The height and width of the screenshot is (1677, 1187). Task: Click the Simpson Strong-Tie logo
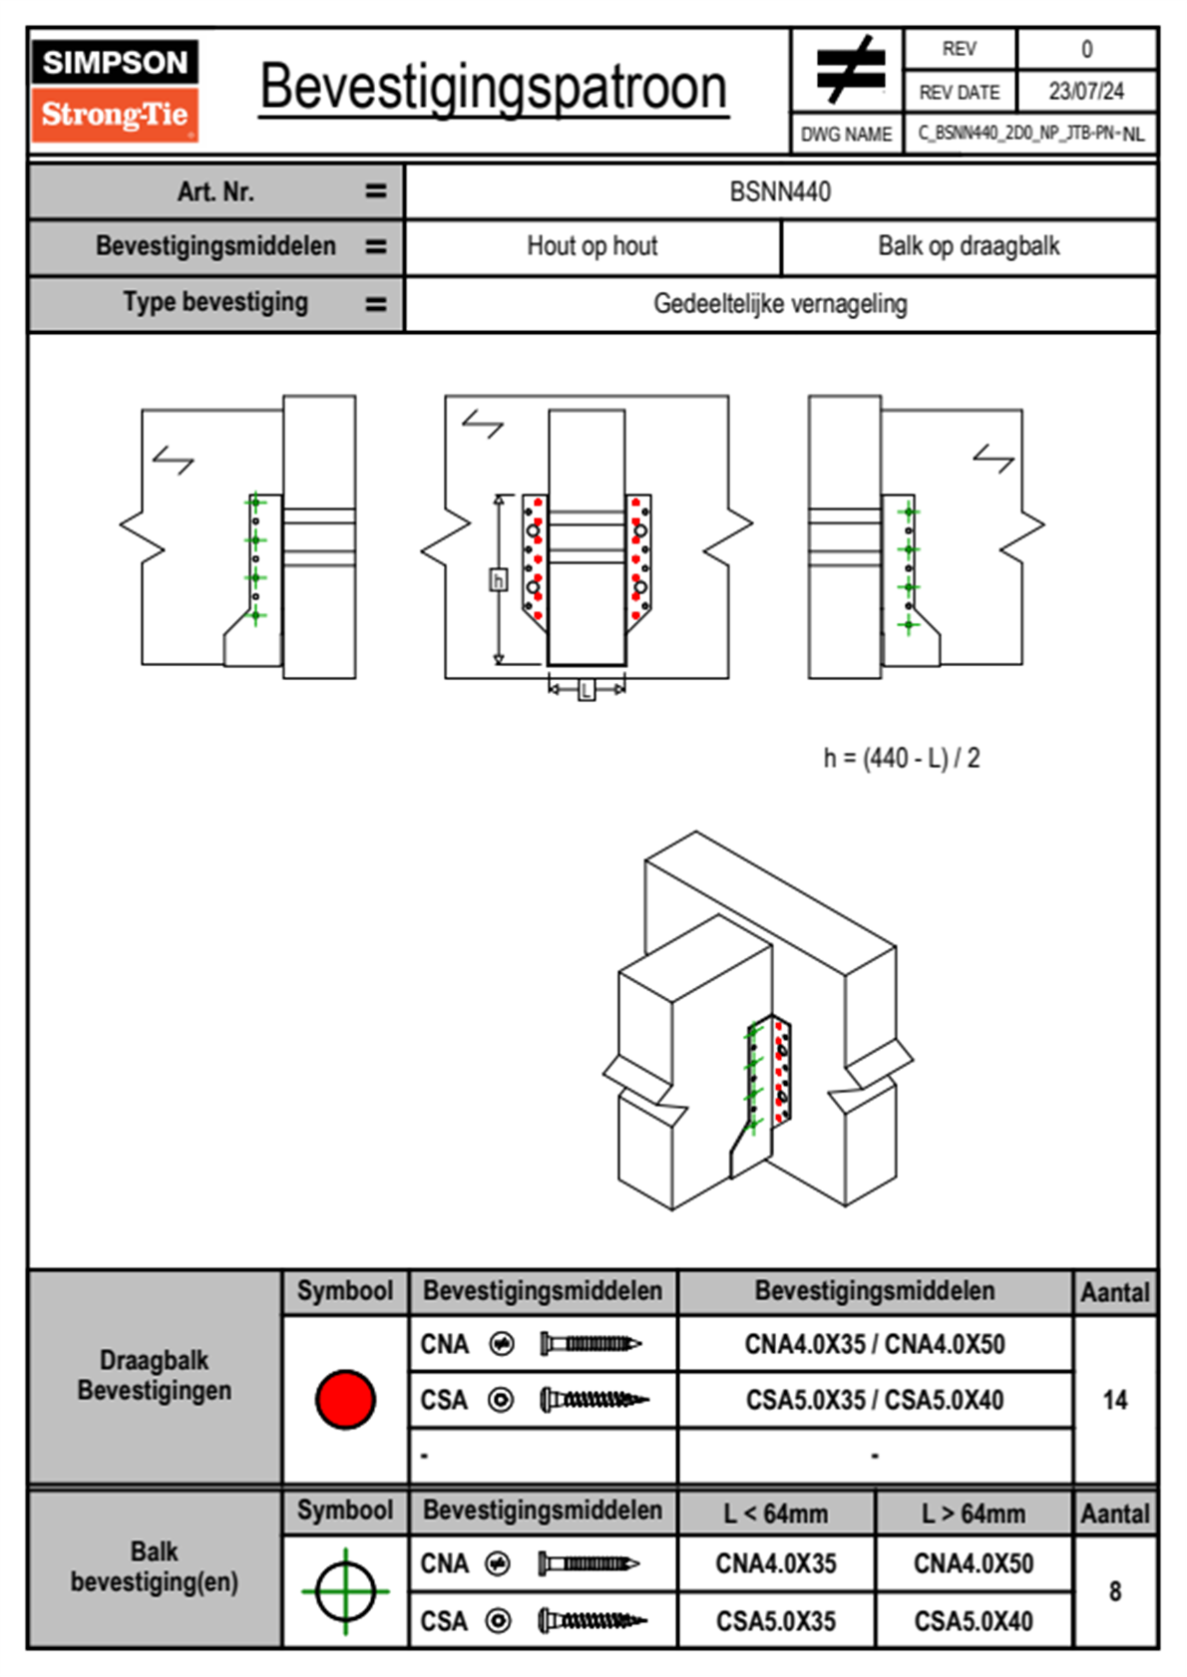[115, 90]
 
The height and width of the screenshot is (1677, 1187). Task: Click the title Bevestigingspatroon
[493, 88]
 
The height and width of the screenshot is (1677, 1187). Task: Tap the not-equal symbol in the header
[849, 70]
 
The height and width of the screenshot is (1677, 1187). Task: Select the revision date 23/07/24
[1085, 92]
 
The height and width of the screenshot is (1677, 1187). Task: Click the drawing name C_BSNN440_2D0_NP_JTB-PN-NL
[1030, 134]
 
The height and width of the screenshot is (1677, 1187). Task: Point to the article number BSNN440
[780, 191]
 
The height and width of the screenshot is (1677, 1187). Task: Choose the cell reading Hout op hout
[593, 246]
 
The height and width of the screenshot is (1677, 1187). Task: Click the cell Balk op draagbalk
[969, 246]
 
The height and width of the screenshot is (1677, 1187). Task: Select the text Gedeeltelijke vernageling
[780, 304]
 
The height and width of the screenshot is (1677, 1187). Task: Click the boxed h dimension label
[498, 579]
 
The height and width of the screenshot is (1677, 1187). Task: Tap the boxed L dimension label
[587, 689]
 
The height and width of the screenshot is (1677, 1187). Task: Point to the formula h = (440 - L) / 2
[902, 759]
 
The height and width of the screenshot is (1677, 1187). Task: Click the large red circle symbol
[345, 1400]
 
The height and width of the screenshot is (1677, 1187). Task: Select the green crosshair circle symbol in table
[345, 1591]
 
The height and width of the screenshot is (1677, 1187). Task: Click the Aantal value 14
[1114, 1400]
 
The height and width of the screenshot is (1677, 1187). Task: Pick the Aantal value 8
[1114, 1591]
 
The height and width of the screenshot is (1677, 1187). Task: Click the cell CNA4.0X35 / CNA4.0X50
[875, 1344]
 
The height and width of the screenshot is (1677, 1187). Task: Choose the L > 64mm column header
[973, 1513]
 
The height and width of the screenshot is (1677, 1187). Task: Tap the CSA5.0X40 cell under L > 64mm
[973, 1621]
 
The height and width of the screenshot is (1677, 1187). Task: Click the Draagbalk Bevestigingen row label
[155, 1375]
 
